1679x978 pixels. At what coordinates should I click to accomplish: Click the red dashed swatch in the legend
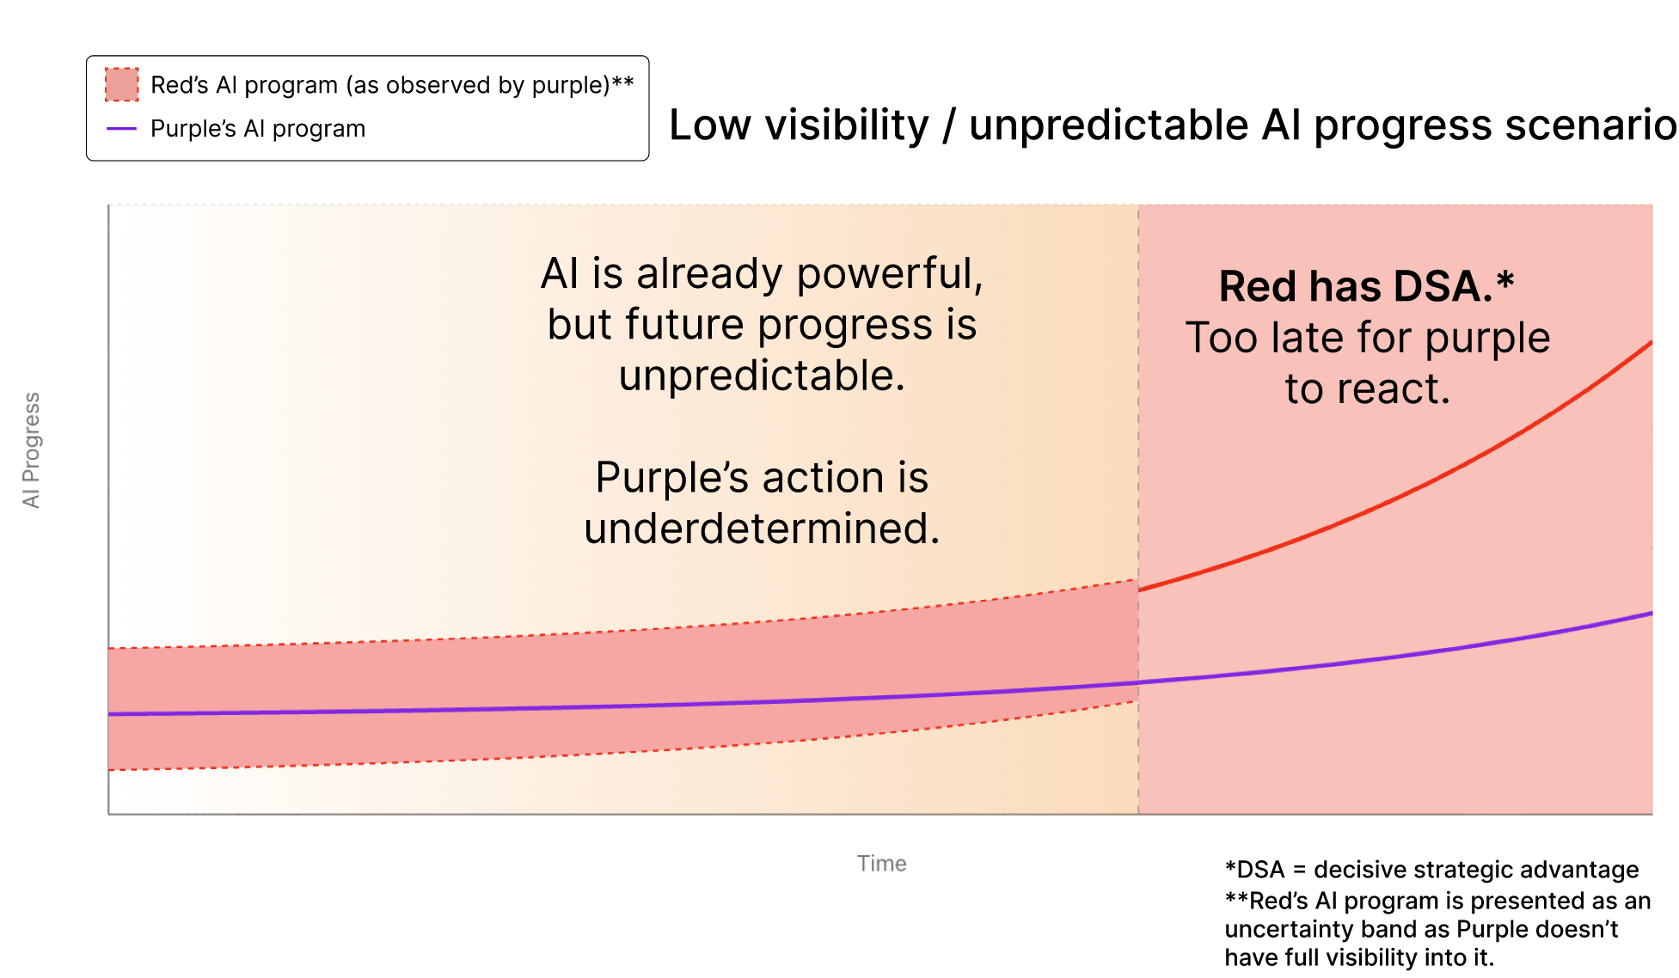coord(121,84)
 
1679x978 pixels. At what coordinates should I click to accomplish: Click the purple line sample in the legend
coord(121,129)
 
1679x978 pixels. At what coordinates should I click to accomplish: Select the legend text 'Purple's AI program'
coord(258,129)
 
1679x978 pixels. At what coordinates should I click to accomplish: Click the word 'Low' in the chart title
coord(710,125)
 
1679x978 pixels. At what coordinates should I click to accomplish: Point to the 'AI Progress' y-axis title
coord(32,449)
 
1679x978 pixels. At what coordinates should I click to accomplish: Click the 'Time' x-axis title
coord(881,863)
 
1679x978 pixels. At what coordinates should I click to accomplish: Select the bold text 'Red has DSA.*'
coord(1366,286)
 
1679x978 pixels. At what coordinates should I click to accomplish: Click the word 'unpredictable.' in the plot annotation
coord(762,376)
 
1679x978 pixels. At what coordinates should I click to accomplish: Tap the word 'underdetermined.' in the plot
coord(762,528)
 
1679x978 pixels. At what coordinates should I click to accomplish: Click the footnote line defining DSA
coord(1431,870)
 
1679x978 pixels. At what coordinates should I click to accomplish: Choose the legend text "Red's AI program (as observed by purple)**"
coord(392,85)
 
